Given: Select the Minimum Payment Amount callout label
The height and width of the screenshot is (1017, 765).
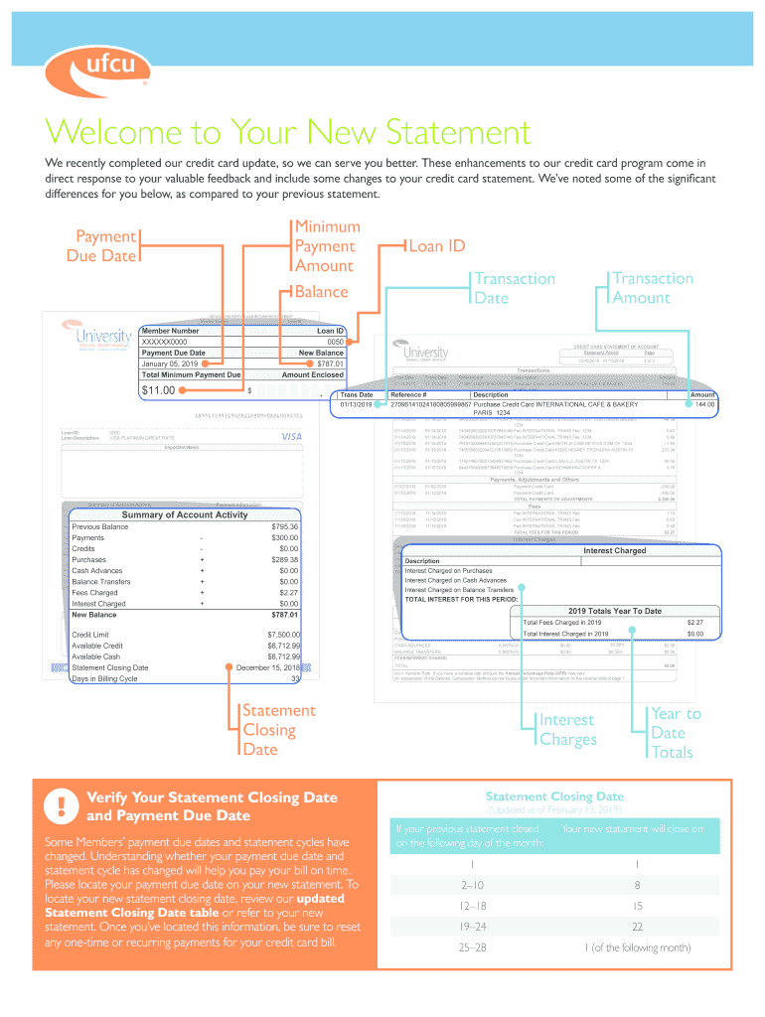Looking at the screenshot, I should click(x=325, y=245).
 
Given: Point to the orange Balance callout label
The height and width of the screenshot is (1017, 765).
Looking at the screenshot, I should click(x=322, y=292).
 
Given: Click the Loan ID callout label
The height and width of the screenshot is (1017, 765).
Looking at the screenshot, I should click(x=445, y=245).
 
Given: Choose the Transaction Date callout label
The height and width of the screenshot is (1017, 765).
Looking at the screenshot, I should click(x=513, y=288).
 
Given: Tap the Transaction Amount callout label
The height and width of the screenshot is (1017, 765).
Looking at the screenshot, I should click(x=653, y=288).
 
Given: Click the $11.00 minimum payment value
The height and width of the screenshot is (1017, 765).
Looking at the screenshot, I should click(x=158, y=390).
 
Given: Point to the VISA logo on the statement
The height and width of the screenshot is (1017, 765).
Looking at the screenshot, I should click(x=291, y=437).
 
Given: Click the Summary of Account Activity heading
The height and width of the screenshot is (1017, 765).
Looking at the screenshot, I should click(x=184, y=514).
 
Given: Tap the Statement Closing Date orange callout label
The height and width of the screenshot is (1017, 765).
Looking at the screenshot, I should click(x=279, y=730).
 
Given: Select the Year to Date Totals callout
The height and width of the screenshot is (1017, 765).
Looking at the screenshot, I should click(x=676, y=733).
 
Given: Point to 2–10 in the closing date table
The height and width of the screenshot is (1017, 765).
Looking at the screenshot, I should click(x=472, y=885).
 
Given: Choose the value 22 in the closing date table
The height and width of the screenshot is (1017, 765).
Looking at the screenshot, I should click(x=637, y=926).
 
